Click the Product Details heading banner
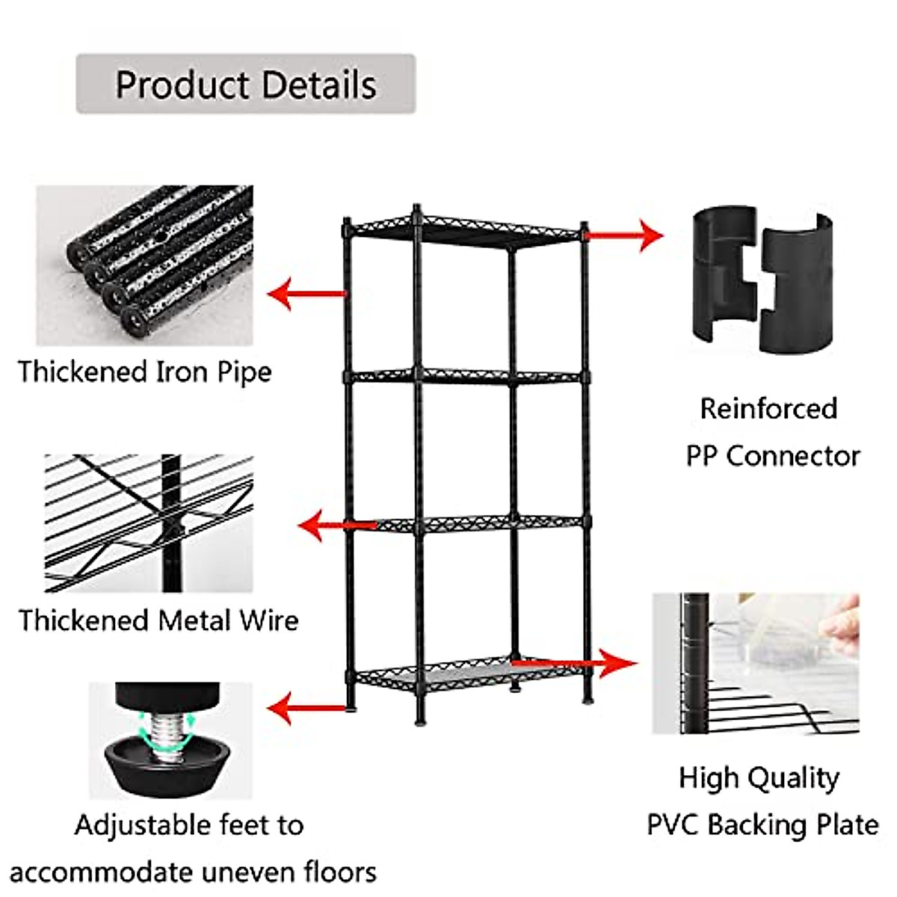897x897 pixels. coord(246,84)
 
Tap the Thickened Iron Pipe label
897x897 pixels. coord(145,373)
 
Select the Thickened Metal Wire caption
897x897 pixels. coord(158,621)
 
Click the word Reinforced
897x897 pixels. coord(768,409)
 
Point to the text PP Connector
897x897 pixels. coord(773,456)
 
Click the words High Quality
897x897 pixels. coord(759,779)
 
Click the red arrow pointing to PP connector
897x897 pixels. coord(623,235)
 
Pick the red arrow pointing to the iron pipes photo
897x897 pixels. coord(306,294)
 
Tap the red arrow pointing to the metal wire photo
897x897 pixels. coord(337,525)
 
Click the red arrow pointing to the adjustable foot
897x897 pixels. coord(307,709)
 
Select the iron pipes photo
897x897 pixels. coord(145,265)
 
